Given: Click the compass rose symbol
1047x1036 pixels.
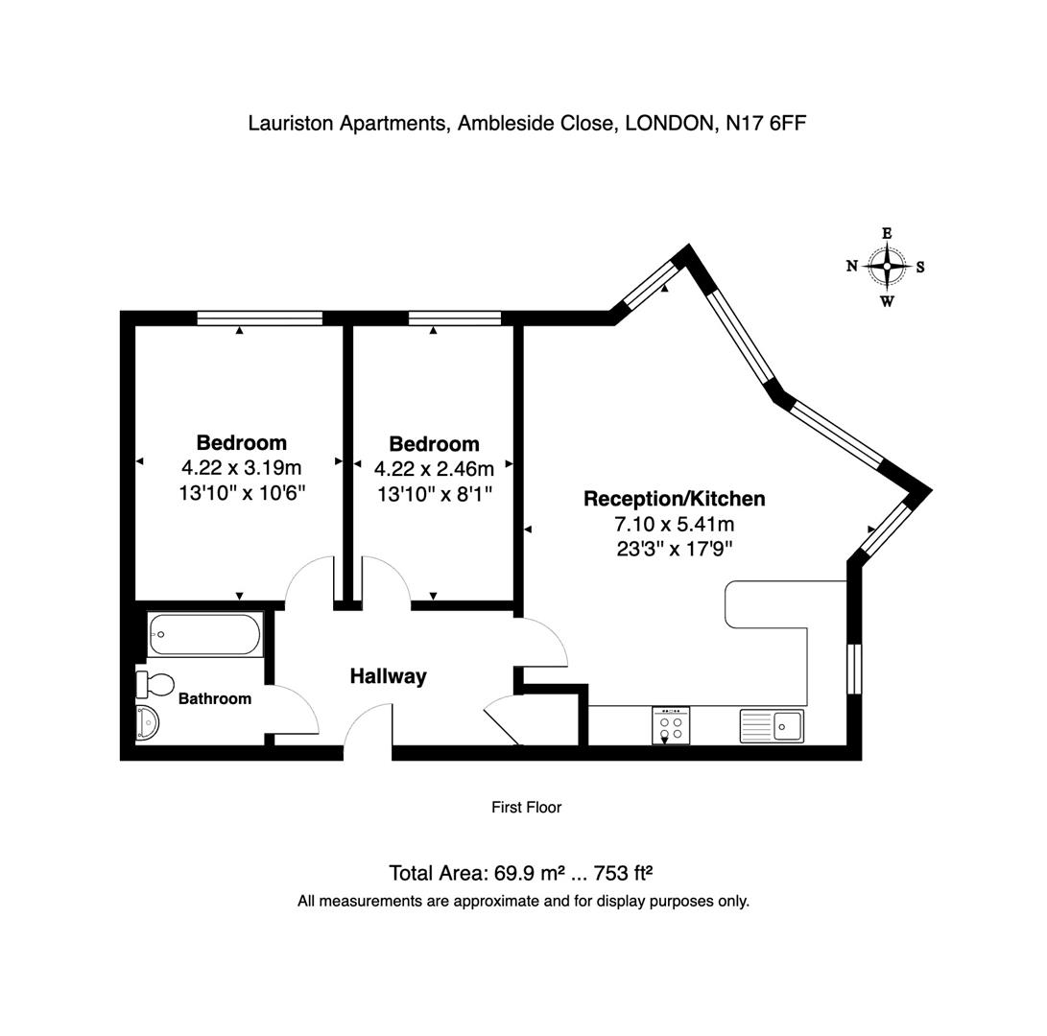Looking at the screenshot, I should point(887,267).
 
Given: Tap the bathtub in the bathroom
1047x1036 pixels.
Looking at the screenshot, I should point(204,634).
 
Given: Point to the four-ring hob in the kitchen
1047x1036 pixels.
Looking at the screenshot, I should point(671,725).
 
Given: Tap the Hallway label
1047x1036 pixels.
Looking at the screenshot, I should point(388,676).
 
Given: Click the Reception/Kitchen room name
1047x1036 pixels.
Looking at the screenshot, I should point(675,499).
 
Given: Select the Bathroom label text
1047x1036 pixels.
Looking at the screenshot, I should point(215,699).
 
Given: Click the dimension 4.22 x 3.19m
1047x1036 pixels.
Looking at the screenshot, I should point(241,468).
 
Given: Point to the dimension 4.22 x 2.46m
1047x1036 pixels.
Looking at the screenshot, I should point(434,469).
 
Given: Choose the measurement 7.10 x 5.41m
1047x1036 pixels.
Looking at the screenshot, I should point(675,524).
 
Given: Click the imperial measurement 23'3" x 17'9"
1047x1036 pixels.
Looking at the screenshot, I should point(675,549).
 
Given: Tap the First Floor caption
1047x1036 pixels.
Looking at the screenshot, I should point(526,808).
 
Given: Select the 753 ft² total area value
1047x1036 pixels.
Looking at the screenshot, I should point(624,873).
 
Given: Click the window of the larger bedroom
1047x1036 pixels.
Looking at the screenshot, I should point(259,318).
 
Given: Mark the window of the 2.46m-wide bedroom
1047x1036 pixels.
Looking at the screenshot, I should point(455,318).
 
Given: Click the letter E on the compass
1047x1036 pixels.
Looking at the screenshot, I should point(887,233).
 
